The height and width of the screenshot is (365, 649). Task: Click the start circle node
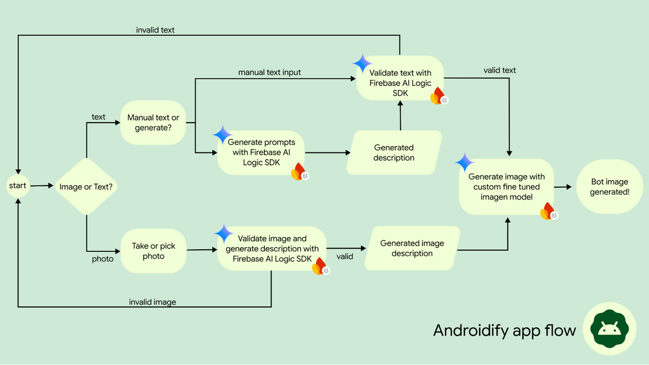click(x=18, y=186)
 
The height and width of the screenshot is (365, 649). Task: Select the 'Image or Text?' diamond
click(x=87, y=187)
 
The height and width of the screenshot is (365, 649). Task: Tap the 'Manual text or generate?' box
click(x=153, y=122)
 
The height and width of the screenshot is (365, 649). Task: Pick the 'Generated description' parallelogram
click(x=394, y=152)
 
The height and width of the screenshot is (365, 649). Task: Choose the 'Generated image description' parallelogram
click(x=412, y=248)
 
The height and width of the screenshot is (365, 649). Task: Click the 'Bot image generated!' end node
click(x=609, y=187)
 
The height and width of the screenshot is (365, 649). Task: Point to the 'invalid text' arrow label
click(x=155, y=30)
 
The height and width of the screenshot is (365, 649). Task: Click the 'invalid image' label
click(x=152, y=302)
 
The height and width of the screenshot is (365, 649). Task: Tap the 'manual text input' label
click(x=269, y=72)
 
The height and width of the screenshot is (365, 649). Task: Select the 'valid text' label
click(x=500, y=70)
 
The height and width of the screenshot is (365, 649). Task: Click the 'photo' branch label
click(x=103, y=259)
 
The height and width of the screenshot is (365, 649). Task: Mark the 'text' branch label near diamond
click(x=98, y=117)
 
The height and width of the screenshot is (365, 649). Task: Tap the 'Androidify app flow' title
click(x=504, y=330)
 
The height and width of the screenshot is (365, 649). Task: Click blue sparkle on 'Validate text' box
click(x=362, y=63)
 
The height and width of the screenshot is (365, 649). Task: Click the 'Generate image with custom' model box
click(x=507, y=187)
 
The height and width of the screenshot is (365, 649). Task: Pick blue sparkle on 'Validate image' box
click(x=223, y=234)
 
